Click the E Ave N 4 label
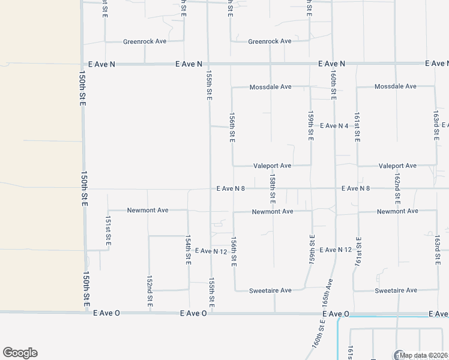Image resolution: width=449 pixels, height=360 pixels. tap(334, 126)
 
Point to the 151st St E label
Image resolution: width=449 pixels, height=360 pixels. tap(108, 229)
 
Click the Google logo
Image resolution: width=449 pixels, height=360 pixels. tap(20, 353)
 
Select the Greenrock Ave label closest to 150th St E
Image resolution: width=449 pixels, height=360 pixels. tap(145, 41)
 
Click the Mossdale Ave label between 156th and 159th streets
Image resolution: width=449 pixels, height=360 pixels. tap(271, 87)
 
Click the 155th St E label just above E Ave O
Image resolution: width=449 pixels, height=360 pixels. tap(211, 290)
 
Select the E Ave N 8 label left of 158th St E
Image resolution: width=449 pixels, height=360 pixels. tap(231, 188)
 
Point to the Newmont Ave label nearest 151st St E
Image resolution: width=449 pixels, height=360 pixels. tap(148, 211)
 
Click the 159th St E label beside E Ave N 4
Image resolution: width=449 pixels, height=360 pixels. tap(311, 125)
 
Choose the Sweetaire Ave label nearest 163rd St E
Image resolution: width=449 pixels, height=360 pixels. tap(396, 290)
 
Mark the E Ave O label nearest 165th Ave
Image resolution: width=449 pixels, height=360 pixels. tap(336, 314)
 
